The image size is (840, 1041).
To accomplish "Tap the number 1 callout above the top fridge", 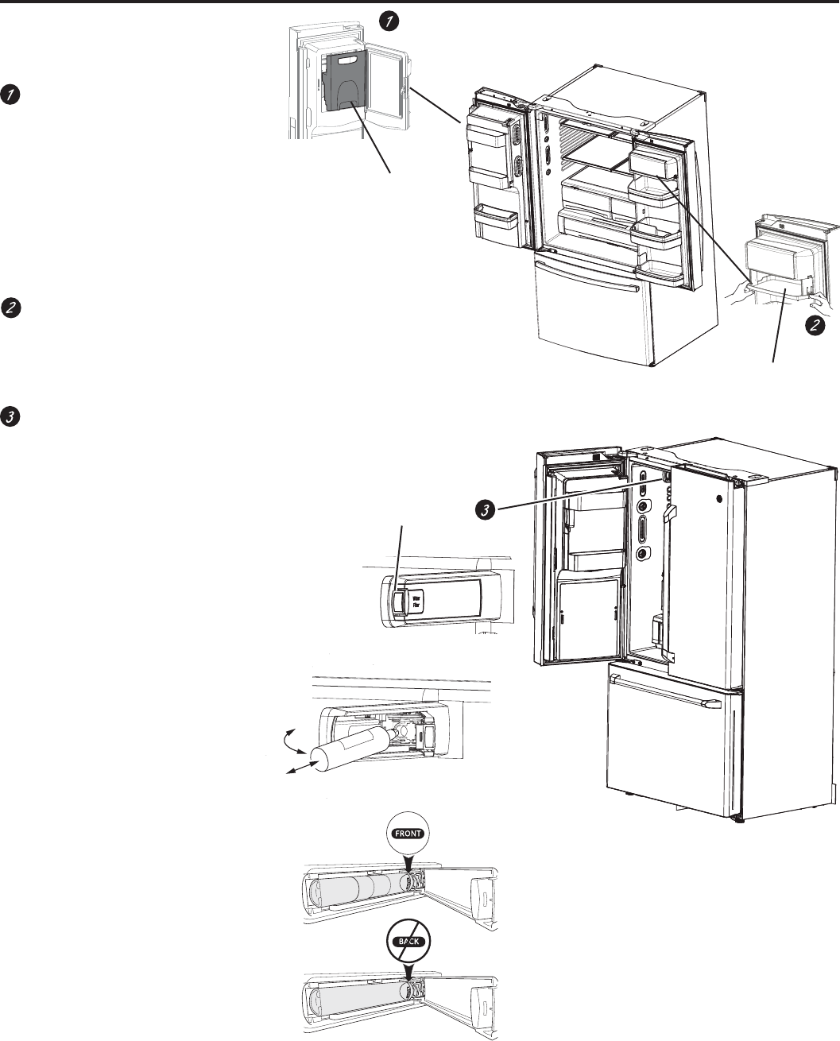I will (x=387, y=22).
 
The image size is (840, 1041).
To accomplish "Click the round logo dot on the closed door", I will (x=718, y=501).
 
